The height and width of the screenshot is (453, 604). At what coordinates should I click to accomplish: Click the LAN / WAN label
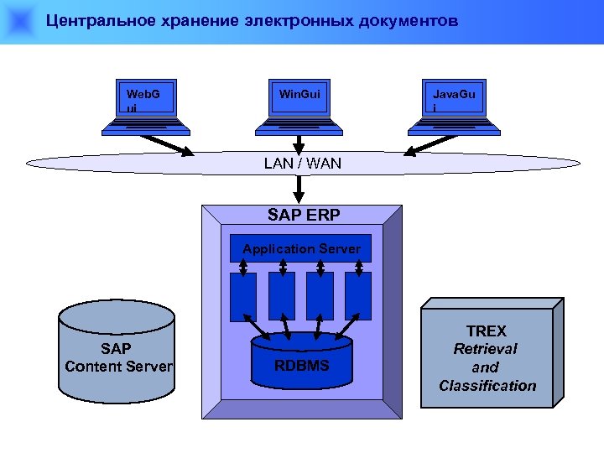click(302, 164)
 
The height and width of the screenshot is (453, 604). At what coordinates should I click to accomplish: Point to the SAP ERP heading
click(304, 215)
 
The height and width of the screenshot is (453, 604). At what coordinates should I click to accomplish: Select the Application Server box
click(301, 249)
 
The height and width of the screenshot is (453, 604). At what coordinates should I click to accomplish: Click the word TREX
click(487, 331)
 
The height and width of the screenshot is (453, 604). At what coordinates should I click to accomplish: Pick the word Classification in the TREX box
click(487, 386)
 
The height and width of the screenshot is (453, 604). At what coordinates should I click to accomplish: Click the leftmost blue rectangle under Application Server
click(243, 296)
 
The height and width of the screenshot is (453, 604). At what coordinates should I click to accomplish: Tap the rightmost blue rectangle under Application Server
click(358, 296)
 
